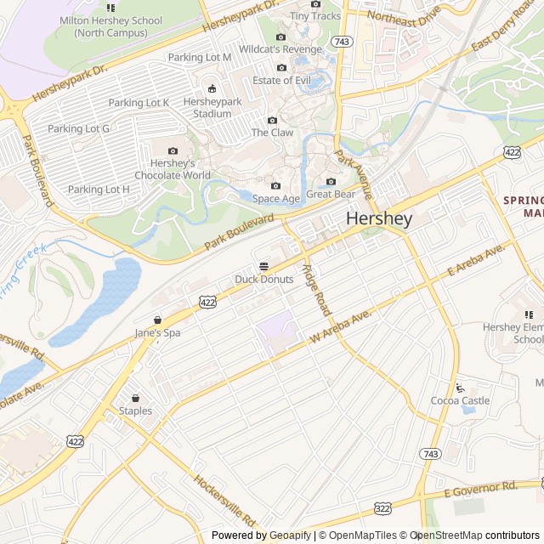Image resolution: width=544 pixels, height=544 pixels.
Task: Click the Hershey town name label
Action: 379,218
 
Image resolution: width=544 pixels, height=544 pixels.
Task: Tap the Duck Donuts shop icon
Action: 263,266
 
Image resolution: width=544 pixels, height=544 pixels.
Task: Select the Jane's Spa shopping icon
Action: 157,320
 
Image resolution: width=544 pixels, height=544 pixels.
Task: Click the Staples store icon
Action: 135,398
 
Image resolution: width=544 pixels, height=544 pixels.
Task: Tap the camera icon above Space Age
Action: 275,186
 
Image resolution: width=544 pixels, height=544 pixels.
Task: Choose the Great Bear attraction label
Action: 331,194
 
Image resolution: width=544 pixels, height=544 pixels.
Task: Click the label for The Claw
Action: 272,133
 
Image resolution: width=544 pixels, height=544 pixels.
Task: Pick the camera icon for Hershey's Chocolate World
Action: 174,151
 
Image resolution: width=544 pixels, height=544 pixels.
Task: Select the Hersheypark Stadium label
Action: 212,108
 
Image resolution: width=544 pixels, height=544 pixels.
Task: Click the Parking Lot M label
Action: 200,57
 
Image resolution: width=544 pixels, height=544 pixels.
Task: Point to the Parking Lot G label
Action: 79,128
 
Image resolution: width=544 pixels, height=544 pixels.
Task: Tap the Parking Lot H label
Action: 99,190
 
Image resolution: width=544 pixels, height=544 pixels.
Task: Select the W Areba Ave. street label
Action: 342,327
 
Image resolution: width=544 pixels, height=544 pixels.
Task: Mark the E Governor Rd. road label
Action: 480,488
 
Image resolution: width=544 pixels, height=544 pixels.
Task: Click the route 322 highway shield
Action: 381,507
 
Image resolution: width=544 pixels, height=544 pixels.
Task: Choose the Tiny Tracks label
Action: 315,15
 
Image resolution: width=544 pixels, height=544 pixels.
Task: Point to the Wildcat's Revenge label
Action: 280,49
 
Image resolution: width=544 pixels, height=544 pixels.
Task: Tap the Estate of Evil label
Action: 281,81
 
